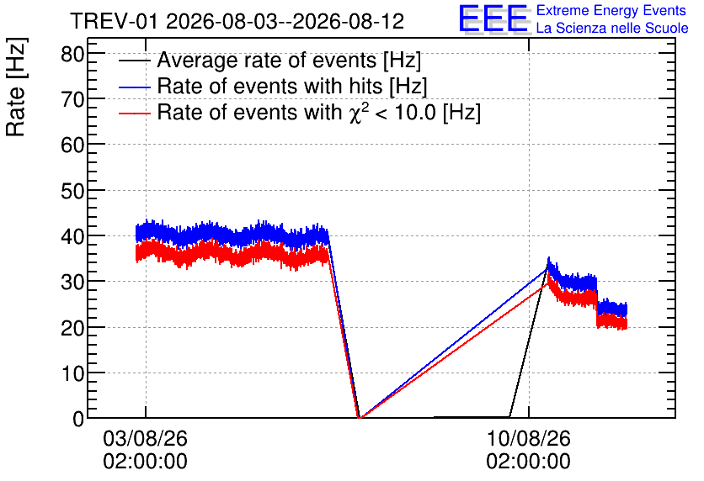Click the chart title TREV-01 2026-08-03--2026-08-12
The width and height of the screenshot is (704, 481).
[x=237, y=21]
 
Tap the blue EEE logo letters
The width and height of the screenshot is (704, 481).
[x=493, y=18]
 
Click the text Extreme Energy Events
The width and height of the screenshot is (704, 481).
[x=611, y=10]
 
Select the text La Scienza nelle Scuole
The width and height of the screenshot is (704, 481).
[x=612, y=29]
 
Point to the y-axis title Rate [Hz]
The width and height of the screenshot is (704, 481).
[x=16, y=87]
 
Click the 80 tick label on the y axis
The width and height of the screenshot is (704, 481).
[x=72, y=54]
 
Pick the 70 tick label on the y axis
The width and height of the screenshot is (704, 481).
[x=72, y=99]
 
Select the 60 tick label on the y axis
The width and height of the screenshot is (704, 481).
[x=72, y=145]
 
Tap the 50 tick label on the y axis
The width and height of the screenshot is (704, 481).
[x=72, y=191]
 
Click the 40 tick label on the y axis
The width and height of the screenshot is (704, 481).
[x=72, y=236]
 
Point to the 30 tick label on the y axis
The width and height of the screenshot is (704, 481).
[x=72, y=282]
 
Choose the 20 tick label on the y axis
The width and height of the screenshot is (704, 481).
[x=72, y=328]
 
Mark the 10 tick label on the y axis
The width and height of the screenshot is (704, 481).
[x=72, y=373]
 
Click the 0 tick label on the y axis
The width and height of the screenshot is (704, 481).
[x=78, y=419]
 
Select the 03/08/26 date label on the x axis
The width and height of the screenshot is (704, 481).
[x=145, y=438]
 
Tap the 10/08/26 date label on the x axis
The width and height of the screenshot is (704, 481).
[x=529, y=438]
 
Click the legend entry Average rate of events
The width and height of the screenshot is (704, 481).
[x=269, y=60]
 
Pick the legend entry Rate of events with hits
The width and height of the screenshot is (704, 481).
[x=273, y=86]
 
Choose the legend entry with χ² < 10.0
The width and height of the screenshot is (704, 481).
[x=300, y=112]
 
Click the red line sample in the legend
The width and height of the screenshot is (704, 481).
[x=134, y=114]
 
